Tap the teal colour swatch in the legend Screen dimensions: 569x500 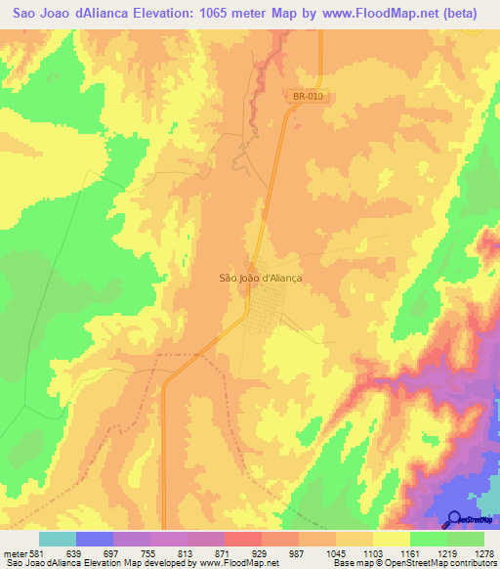(x=58, y=540)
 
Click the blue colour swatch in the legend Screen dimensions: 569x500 (x=95, y=540)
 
